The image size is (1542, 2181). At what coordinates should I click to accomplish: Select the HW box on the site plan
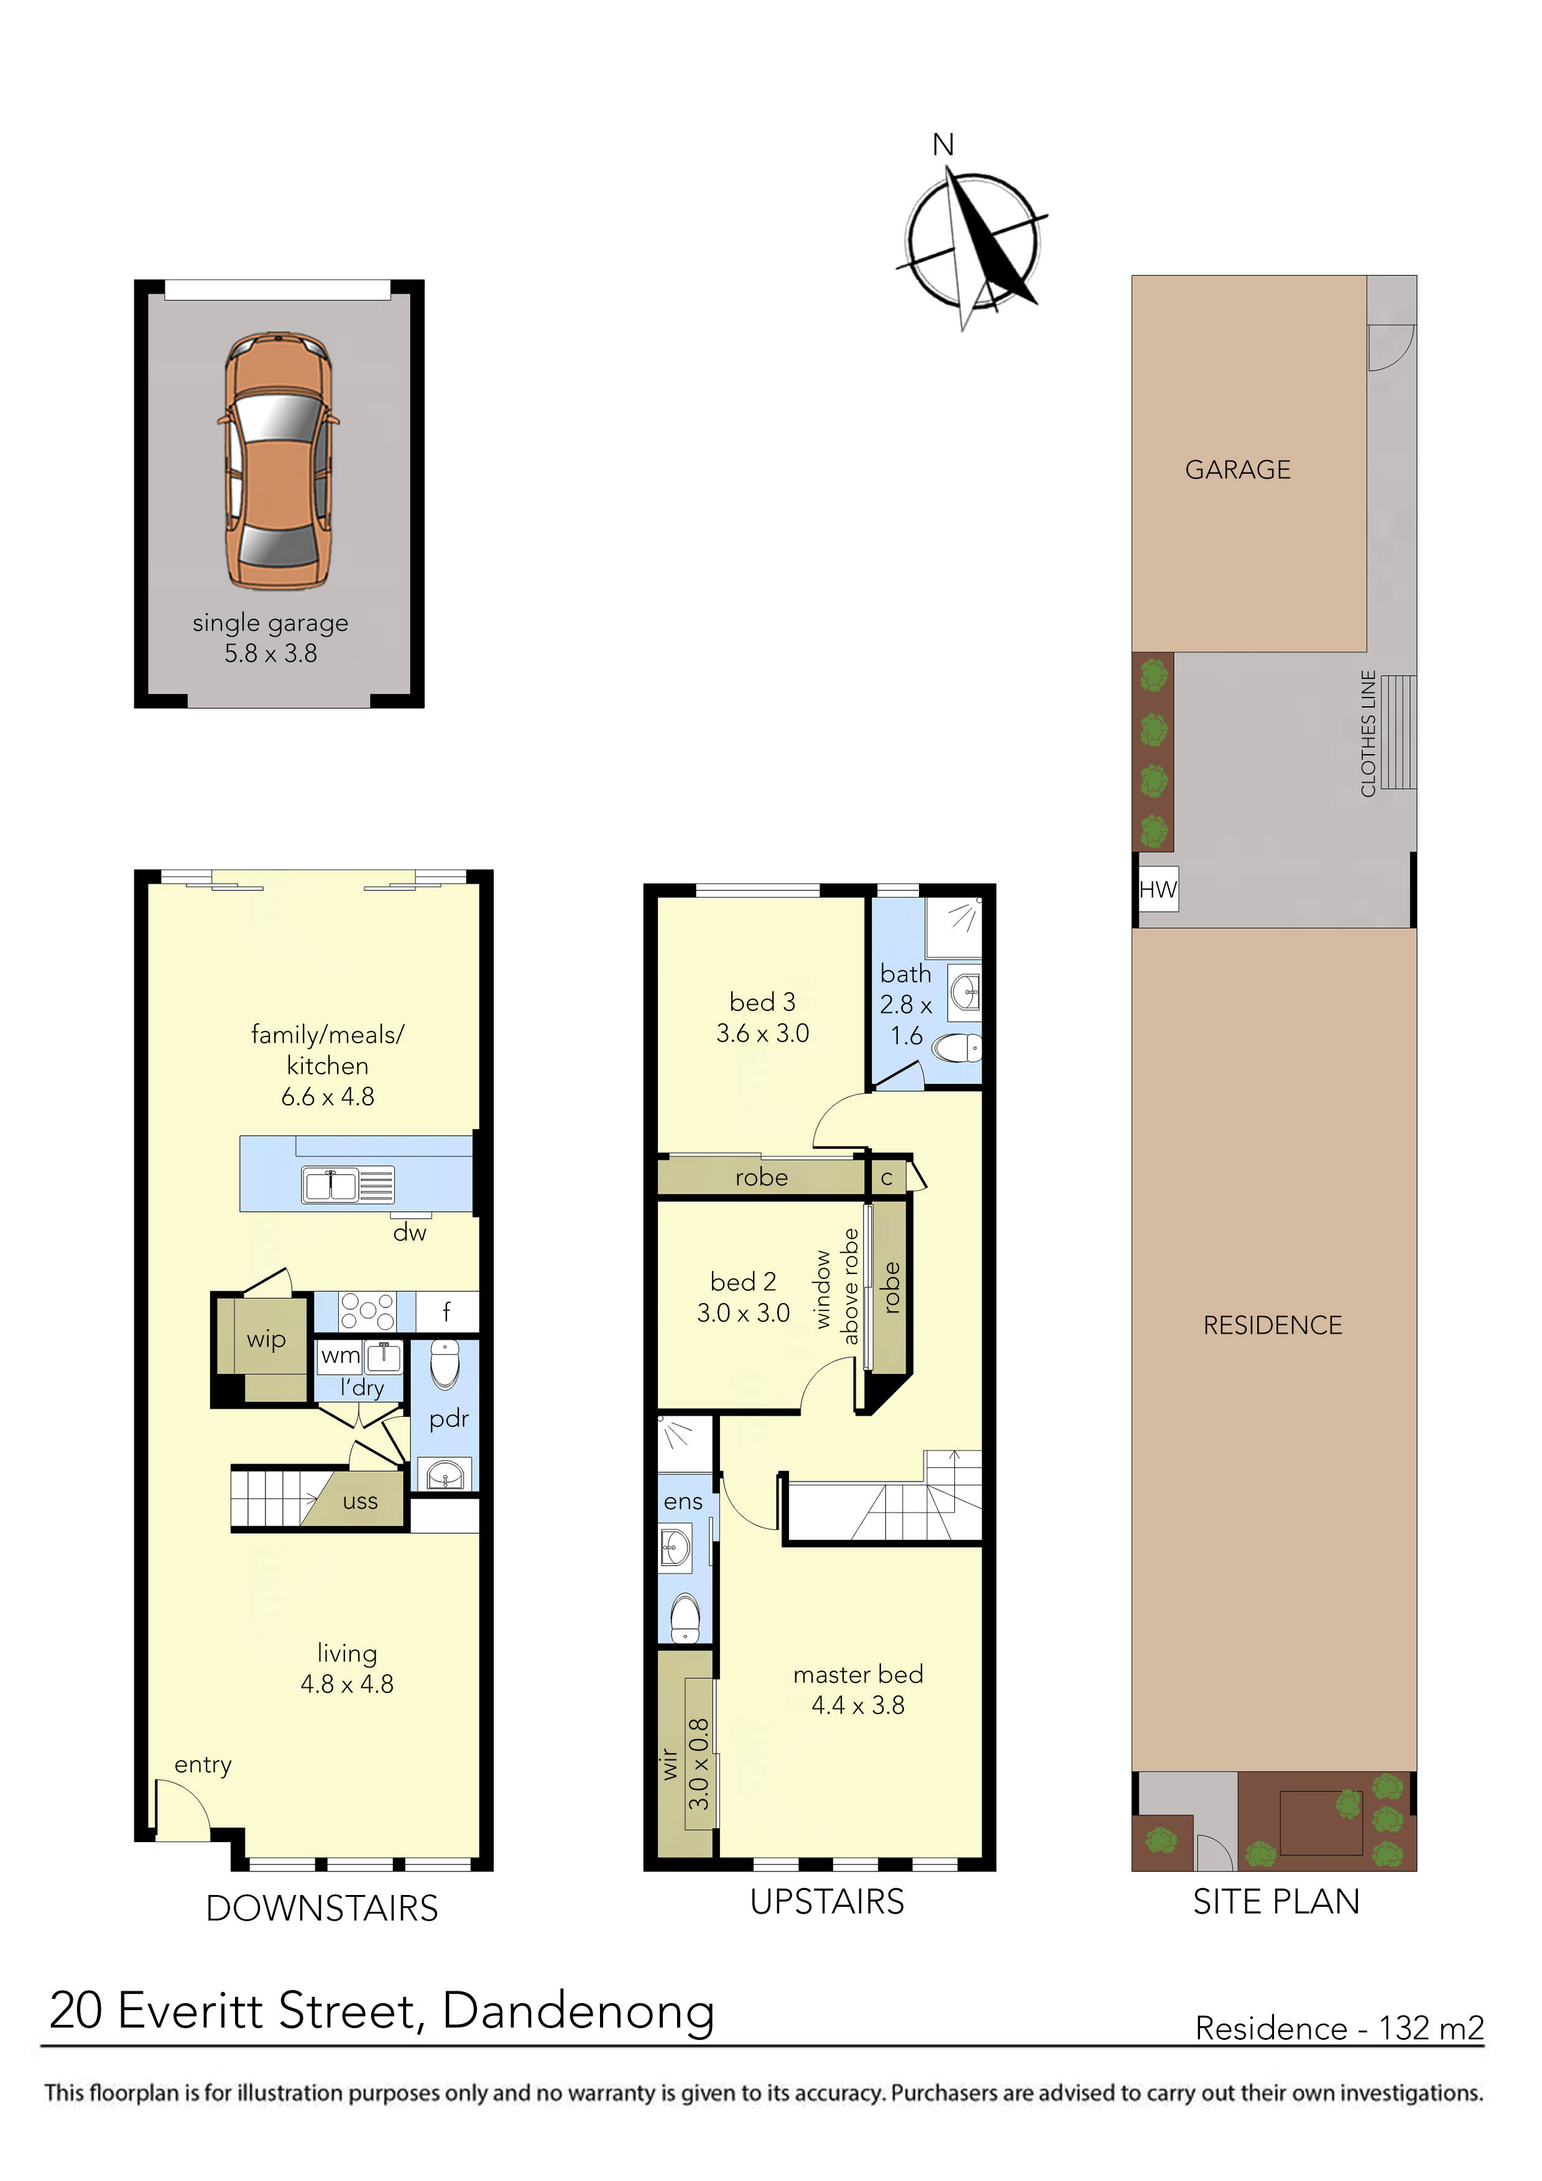(x=1157, y=889)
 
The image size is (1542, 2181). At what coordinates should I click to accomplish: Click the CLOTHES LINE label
(x=1368, y=734)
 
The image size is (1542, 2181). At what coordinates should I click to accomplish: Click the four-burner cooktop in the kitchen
(x=367, y=1311)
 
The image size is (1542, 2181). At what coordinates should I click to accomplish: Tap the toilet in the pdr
(x=445, y=1363)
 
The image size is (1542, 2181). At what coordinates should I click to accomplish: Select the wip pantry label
(x=266, y=1339)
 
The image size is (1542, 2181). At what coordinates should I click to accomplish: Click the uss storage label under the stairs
(x=360, y=1501)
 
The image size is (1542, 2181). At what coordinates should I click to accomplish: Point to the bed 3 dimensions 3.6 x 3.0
(x=762, y=1033)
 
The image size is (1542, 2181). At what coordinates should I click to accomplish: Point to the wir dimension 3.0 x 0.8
(x=698, y=1764)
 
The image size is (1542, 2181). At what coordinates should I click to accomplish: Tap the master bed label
(x=858, y=1674)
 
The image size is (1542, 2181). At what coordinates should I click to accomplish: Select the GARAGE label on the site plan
(x=1237, y=469)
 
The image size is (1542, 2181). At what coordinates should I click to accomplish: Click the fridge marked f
(x=446, y=1312)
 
